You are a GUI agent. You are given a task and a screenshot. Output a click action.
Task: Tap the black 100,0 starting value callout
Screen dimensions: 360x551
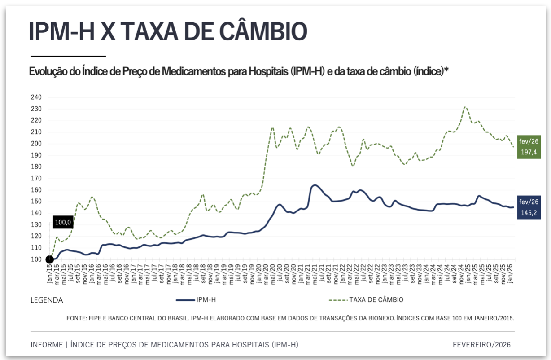tap(63, 222)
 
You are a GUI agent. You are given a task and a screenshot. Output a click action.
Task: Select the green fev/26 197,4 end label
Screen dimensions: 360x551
tap(529, 147)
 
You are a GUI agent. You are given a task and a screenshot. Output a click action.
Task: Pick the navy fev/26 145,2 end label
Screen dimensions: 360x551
tap(529, 207)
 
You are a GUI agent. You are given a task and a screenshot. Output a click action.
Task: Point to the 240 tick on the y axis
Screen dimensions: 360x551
tap(36, 97)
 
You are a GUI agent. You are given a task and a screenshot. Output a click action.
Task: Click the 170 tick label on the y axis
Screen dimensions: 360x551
tap(36, 179)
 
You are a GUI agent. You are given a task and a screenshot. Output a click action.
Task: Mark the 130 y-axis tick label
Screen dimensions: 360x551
tap(36, 225)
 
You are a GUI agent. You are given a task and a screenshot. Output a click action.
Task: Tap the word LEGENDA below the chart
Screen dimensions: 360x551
tap(47, 300)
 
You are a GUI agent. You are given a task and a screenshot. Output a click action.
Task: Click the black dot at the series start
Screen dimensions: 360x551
tap(49, 259)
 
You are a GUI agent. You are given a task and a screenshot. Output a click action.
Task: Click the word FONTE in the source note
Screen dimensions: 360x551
tap(76, 318)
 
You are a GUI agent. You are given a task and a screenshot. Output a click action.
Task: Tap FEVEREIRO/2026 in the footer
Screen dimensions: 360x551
tap(481, 345)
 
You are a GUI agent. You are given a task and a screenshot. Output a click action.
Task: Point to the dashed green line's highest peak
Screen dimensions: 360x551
tap(465, 107)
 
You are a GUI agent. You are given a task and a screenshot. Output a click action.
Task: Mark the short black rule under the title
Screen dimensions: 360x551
tap(68, 56)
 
